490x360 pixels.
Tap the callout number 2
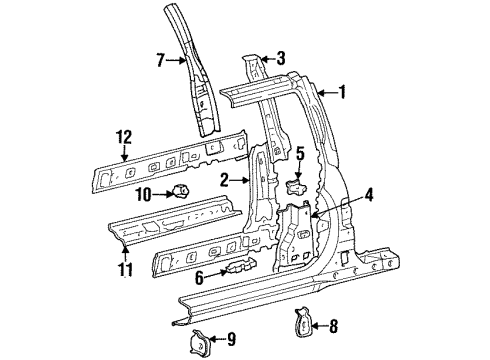227,179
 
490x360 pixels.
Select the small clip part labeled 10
181,191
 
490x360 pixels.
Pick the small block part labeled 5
295,183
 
